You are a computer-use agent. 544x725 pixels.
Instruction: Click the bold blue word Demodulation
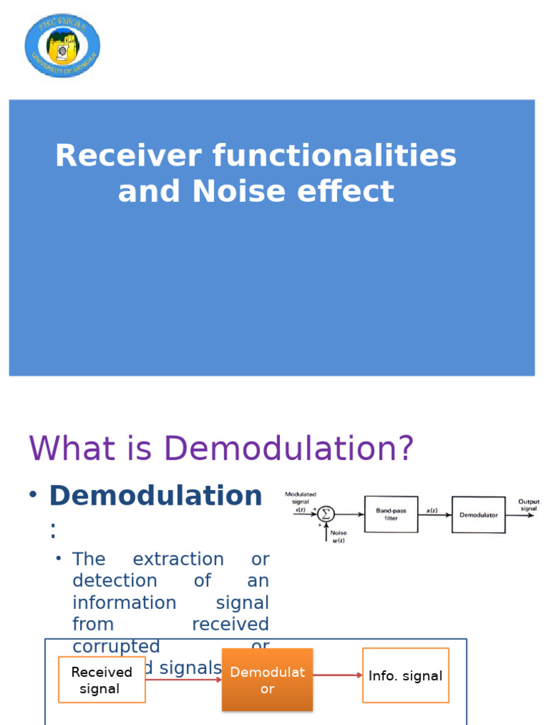[155, 496]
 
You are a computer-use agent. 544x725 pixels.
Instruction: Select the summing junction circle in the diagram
[325, 514]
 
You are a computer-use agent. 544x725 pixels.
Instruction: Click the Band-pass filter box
[391, 515]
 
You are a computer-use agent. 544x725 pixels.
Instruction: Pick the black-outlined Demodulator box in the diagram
[478, 515]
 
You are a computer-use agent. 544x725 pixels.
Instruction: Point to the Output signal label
[528, 505]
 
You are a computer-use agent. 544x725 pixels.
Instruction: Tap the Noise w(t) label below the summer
[339, 537]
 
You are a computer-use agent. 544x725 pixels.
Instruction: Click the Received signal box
[102, 680]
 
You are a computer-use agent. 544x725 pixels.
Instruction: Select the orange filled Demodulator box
[267, 680]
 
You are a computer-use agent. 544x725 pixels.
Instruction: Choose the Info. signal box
[405, 675]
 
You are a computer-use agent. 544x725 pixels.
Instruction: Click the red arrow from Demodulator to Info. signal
[337, 675]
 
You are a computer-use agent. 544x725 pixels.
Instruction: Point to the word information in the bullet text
[124, 603]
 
